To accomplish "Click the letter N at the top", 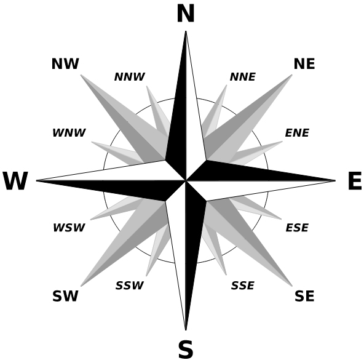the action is pyautogui.click(x=186, y=14).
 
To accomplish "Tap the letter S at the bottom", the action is pyautogui.click(x=186, y=349).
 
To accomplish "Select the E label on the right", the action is pyautogui.click(x=355, y=180).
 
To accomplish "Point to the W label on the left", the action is pyautogui.click(x=15, y=180).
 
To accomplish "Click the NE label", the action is pyautogui.click(x=304, y=63).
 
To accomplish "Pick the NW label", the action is pyautogui.click(x=65, y=63).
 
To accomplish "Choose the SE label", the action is pyautogui.click(x=304, y=296).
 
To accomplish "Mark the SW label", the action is pyautogui.click(x=65, y=296).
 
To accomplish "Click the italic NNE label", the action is pyautogui.click(x=243, y=77).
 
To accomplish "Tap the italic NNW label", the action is pyautogui.click(x=130, y=77).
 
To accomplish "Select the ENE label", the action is pyautogui.click(x=297, y=133).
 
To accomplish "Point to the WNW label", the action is pyautogui.click(x=69, y=133).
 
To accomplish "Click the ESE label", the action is pyautogui.click(x=297, y=228).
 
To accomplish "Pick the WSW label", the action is pyautogui.click(x=69, y=228).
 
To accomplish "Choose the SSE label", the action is pyautogui.click(x=243, y=286).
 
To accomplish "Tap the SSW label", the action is pyautogui.click(x=130, y=286).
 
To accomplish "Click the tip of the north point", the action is pyautogui.click(x=186, y=31).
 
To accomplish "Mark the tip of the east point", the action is pyautogui.click(x=336, y=180).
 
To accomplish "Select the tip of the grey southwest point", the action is pyautogui.click(x=81, y=286).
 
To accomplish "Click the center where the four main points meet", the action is pyautogui.click(x=186, y=180).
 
